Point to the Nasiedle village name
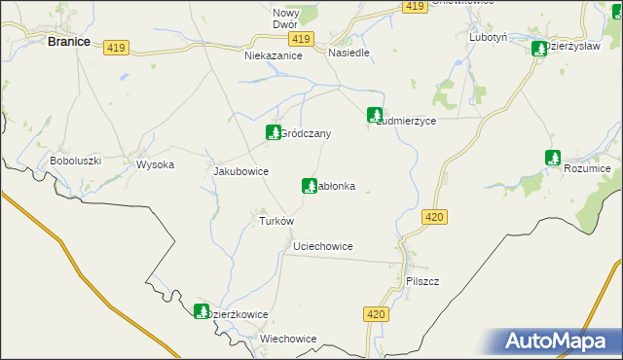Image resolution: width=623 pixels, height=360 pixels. pyautogui.click(x=348, y=53)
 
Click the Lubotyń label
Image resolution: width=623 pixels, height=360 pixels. pyautogui.click(x=489, y=37)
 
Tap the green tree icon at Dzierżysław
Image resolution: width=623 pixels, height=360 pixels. pyautogui.click(x=538, y=49)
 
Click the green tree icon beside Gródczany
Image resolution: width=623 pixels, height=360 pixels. pyautogui.click(x=274, y=131)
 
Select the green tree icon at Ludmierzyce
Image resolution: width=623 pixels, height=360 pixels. pyautogui.click(x=374, y=115)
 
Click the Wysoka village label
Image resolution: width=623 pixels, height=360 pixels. pyautogui.click(x=155, y=164)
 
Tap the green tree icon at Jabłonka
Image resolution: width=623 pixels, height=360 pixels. pyautogui.click(x=310, y=185)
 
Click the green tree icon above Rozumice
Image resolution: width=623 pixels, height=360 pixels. pyautogui.click(x=553, y=157)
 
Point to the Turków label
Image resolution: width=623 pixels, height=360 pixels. pyautogui.click(x=275, y=221)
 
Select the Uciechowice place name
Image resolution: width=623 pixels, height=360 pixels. pyautogui.click(x=322, y=247)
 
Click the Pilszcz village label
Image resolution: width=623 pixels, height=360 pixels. pyautogui.click(x=422, y=281)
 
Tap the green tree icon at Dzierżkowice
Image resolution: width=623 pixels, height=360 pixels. pyautogui.click(x=202, y=311)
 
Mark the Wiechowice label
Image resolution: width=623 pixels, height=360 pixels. pyautogui.click(x=288, y=339)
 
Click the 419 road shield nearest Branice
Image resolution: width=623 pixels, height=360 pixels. pyautogui.click(x=118, y=47)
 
